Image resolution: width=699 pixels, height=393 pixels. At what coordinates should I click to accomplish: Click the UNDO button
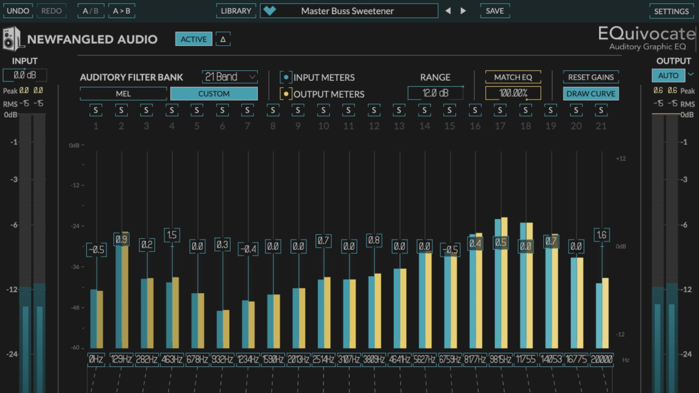[18, 11]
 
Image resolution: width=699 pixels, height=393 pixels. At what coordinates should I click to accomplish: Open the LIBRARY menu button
[236, 11]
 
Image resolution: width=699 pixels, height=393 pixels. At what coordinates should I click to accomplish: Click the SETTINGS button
[671, 11]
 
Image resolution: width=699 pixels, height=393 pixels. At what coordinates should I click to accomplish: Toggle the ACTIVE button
[193, 39]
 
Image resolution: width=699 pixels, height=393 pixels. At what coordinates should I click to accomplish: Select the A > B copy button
[122, 11]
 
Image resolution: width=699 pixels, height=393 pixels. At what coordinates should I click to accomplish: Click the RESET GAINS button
[591, 77]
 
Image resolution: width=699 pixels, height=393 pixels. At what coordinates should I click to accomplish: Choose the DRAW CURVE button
[591, 94]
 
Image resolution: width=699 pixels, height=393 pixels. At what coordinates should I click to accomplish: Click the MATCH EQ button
[513, 77]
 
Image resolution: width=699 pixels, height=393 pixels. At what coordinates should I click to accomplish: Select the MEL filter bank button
[123, 94]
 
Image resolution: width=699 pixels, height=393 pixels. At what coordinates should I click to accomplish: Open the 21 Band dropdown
[230, 77]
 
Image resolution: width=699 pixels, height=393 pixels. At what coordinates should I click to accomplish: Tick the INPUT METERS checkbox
[286, 77]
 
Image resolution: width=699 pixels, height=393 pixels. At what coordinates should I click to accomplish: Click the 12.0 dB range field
[435, 93]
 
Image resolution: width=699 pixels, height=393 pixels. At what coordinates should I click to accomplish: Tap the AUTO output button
[668, 75]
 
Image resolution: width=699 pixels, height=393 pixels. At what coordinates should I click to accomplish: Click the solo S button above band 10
[323, 110]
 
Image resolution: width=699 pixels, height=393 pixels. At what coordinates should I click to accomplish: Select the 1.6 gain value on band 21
[601, 235]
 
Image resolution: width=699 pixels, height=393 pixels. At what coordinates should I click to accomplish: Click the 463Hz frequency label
[172, 359]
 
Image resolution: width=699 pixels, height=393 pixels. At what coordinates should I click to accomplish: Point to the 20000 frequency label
[601, 359]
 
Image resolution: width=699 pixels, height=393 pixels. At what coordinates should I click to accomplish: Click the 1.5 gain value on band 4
[172, 235]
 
